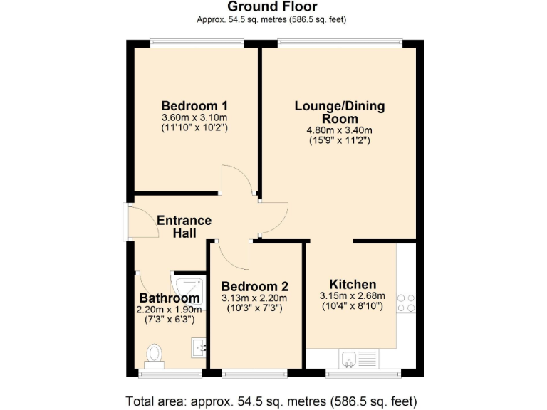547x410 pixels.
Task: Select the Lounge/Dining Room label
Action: [340, 112]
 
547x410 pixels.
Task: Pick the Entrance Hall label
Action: [184, 226]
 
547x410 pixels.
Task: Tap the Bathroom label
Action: [170, 298]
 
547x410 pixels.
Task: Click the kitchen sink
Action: [349, 359]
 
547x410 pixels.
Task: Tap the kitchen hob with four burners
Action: [405, 303]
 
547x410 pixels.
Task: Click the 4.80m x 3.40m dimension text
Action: [339, 130]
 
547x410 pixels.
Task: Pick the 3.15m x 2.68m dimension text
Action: [353, 297]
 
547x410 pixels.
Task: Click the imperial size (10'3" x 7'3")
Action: [254, 308]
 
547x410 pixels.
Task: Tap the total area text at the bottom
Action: [271, 400]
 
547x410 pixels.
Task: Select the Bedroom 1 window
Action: [197, 42]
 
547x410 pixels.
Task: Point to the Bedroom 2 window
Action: [255, 372]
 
